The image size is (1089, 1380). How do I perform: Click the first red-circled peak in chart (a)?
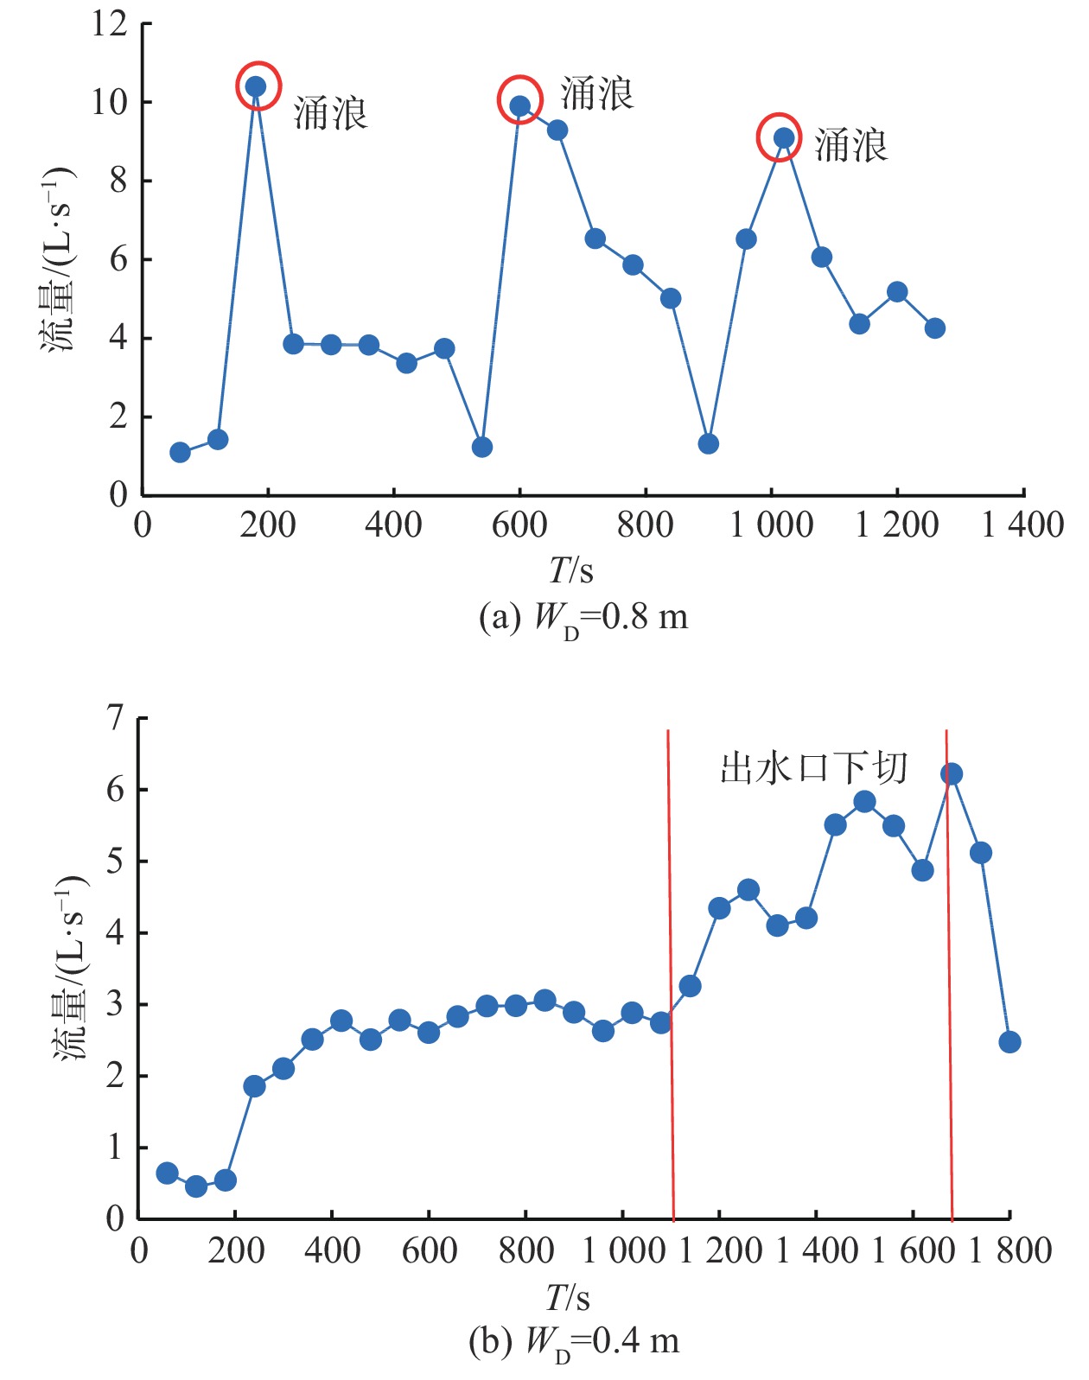(257, 86)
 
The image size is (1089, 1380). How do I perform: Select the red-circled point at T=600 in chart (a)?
(519, 105)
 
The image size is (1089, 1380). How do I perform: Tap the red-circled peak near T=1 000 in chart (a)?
(783, 137)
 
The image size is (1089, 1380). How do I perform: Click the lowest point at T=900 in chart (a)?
(708, 444)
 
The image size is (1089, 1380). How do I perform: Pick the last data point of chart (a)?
(934, 328)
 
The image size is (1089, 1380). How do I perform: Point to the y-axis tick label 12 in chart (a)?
(110, 24)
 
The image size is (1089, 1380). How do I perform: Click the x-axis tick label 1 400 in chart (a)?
(1022, 525)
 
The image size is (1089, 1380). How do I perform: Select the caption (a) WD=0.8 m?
(583, 618)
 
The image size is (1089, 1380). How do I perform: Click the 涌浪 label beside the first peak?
(331, 114)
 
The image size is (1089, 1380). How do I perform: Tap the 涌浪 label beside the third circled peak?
(851, 145)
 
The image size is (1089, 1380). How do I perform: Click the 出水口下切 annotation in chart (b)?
(813, 767)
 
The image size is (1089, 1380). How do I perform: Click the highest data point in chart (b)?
(951, 773)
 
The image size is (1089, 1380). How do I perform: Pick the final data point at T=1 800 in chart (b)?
(1009, 1042)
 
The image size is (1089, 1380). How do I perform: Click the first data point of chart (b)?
(167, 1173)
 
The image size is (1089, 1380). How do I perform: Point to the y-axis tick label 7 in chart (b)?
(115, 718)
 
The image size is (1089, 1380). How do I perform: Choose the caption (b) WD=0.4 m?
(574, 1342)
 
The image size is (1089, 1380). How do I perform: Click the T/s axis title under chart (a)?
(571, 570)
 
